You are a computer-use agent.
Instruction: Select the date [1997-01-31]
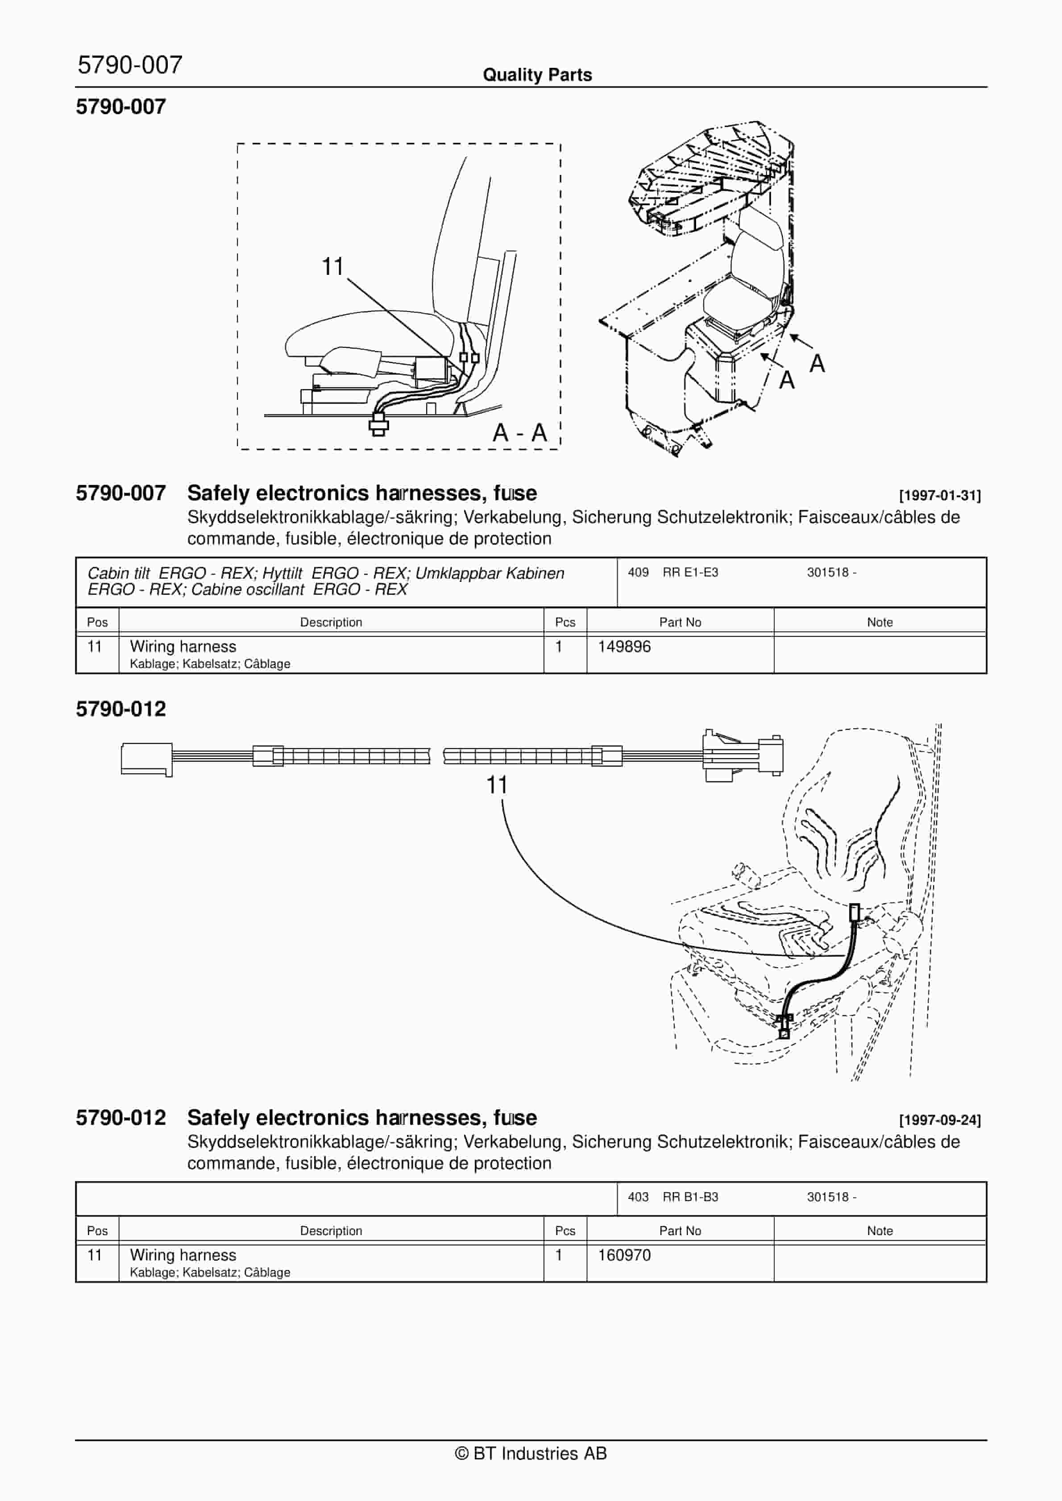pyautogui.click(x=940, y=496)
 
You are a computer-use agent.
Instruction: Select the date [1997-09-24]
pyautogui.click(x=940, y=1120)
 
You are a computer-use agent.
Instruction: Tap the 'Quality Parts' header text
pyautogui.click(x=537, y=75)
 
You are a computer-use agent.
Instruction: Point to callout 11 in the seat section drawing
pyautogui.click(x=332, y=267)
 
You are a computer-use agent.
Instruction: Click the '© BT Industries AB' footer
pyautogui.click(x=531, y=1453)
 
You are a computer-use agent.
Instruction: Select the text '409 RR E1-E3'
pyautogui.click(x=672, y=572)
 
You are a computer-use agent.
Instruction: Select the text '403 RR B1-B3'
pyautogui.click(x=672, y=1197)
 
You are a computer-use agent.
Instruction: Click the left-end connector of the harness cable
pyautogui.click(x=146, y=759)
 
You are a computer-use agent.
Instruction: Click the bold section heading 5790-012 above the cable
pyautogui.click(x=121, y=709)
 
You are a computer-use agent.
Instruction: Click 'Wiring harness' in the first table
pyautogui.click(x=183, y=647)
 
